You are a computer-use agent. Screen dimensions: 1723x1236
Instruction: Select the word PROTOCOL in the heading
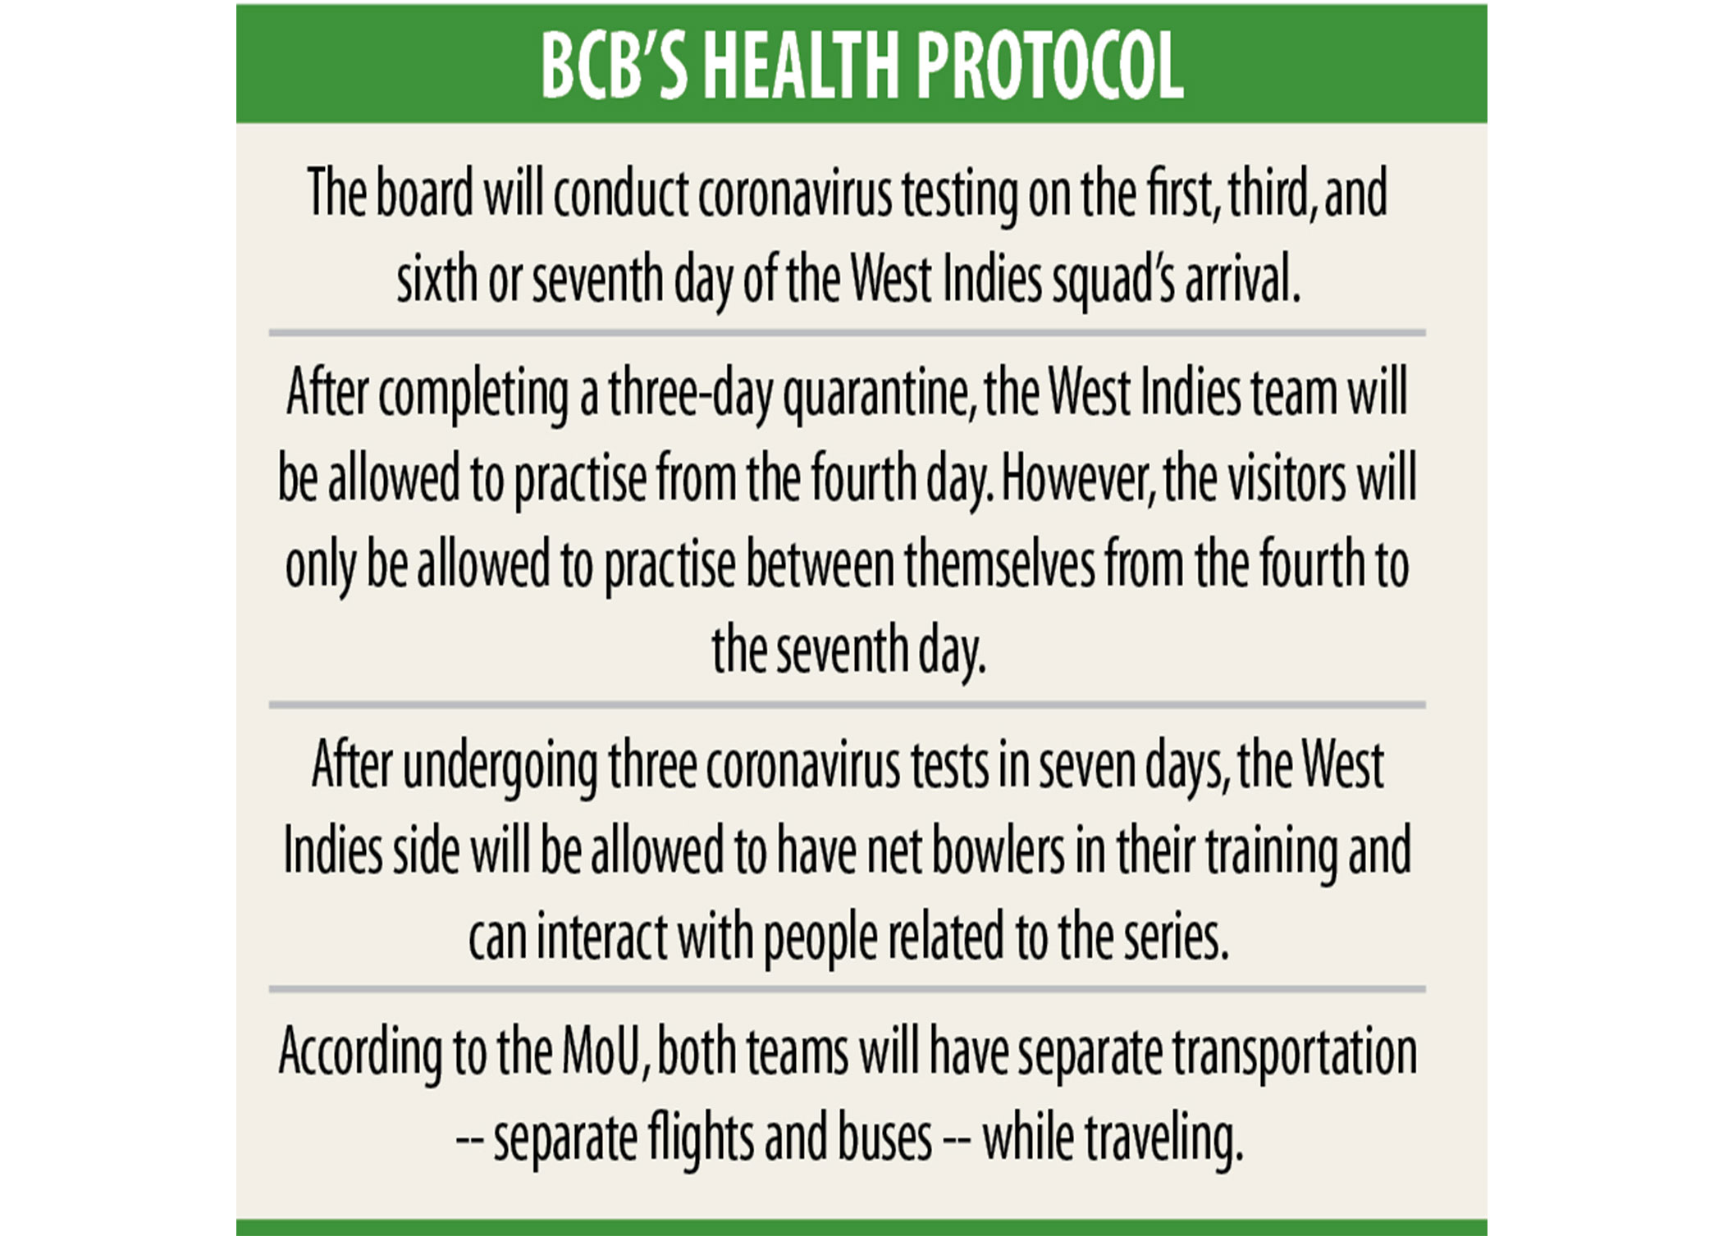(x=1050, y=66)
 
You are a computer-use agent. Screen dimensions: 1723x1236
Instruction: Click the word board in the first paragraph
(x=424, y=194)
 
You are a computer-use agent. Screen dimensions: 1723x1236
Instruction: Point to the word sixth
(x=437, y=279)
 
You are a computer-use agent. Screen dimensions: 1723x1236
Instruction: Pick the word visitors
(x=1287, y=479)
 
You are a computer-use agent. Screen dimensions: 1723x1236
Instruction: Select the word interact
(x=601, y=937)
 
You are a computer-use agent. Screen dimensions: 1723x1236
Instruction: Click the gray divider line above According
(x=847, y=990)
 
